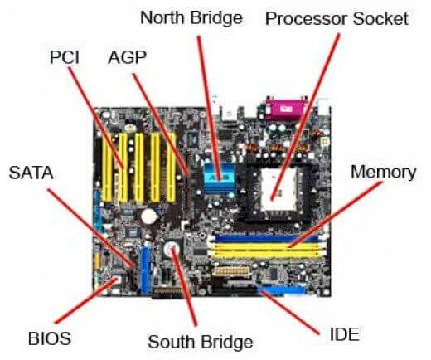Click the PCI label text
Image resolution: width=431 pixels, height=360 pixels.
point(65,57)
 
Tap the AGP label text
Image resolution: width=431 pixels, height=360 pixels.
point(127,57)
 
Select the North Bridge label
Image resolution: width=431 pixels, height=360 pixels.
point(191,18)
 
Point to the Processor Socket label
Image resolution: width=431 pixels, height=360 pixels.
point(337,18)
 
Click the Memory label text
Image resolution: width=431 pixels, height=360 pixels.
point(383,172)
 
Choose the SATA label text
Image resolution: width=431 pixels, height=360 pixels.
point(31,173)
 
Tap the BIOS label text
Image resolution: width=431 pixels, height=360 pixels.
point(50,338)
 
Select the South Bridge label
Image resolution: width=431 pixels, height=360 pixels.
point(201,342)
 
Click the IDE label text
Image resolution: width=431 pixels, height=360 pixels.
point(345,334)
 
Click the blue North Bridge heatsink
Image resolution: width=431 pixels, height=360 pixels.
point(219,178)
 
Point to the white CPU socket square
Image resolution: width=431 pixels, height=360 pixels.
point(278,189)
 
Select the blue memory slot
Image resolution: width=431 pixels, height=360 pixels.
point(267,238)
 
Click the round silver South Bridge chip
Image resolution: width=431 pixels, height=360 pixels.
point(172,249)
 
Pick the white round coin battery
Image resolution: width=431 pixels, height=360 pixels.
point(149,216)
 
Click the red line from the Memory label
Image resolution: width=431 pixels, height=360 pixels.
point(336,214)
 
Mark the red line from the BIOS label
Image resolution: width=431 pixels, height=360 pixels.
point(86,300)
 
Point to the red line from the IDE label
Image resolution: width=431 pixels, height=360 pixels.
point(289,312)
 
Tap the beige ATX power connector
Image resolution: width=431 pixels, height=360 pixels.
point(231,271)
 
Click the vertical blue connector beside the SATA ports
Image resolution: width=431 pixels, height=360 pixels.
point(145,270)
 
